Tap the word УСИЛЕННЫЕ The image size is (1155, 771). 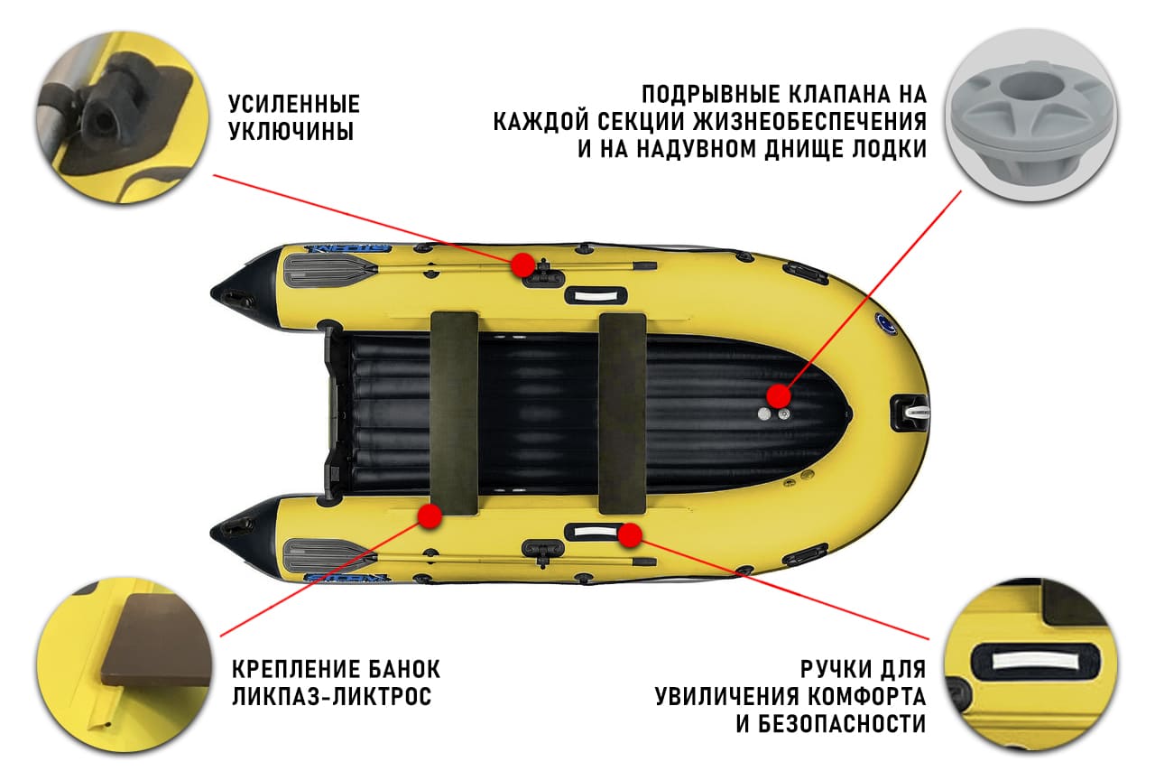tap(293, 103)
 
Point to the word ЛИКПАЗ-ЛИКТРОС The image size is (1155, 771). tap(331, 697)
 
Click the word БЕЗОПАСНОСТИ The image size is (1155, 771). tap(831, 723)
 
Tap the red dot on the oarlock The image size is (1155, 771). tap(522, 265)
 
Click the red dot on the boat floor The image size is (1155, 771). tap(778, 395)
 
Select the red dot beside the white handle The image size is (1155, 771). tap(630, 535)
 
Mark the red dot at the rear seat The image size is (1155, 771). tap(430, 516)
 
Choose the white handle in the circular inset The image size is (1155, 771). tap(1030, 661)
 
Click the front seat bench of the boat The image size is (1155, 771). tap(623, 413)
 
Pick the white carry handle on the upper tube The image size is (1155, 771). tap(595, 295)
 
